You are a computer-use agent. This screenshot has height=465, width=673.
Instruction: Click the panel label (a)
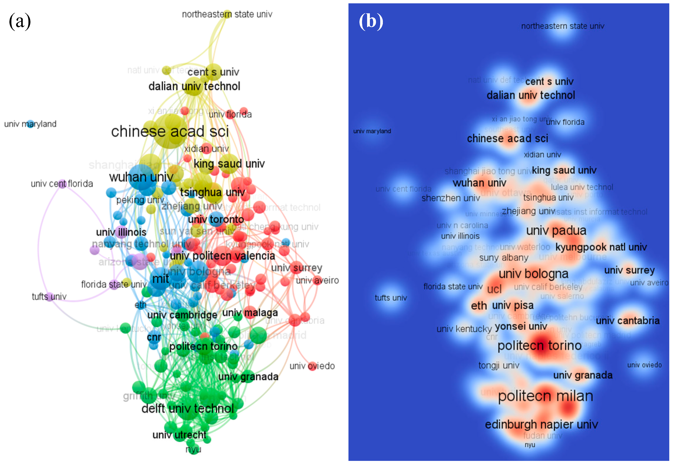point(20,22)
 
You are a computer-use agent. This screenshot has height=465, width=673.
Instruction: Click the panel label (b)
point(371,22)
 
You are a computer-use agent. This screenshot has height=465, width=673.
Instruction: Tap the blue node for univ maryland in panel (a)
point(30,124)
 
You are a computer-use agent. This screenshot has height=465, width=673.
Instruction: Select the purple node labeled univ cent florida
point(62,184)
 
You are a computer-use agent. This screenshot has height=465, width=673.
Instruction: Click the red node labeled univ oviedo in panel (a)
point(312,366)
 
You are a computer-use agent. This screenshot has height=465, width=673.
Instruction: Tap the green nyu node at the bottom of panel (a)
point(193,450)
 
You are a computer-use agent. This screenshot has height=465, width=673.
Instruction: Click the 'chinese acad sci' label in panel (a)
point(170,131)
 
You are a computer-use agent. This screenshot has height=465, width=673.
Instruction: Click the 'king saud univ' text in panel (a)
point(229,164)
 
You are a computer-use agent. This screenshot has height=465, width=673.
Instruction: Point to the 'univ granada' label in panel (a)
point(248,377)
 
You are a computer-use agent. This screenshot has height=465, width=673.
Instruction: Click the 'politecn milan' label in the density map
point(545,396)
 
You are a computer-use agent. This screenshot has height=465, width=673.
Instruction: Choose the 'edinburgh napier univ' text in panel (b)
point(541,425)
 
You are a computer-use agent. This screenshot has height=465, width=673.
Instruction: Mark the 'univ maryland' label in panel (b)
point(372,131)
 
